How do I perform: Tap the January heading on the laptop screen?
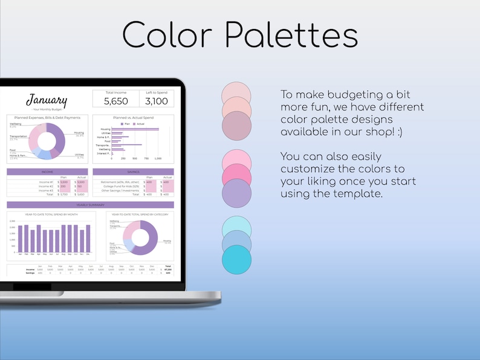pyautogui.click(x=47, y=100)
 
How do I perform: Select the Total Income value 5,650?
pyautogui.click(x=115, y=101)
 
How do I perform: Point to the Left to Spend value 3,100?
pyautogui.click(x=157, y=101)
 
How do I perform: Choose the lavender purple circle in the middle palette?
pyautogui.click(x=236, y=194)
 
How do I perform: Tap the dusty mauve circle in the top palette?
pyautogui.click(x=236, y=126)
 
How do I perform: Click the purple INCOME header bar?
pyautogui.click(x=47, y=172)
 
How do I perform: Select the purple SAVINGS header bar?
pyautogui.click(x=133, y=172)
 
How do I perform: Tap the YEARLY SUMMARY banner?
pyautogui.click(x=90, y=205)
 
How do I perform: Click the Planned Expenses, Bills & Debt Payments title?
pyautogui.click(x=47, y=117)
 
